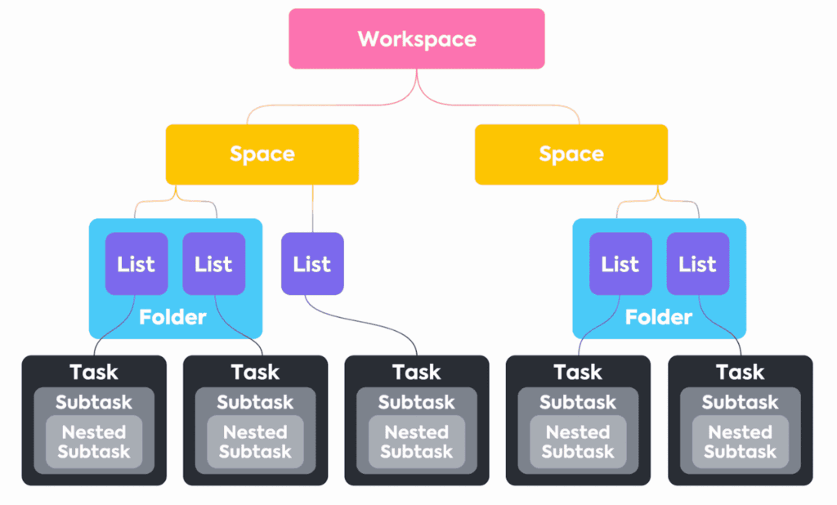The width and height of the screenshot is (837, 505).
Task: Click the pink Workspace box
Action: click(417, 38)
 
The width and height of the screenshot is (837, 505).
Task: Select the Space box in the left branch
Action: click(262, 154)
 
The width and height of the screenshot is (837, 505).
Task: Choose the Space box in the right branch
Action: click(571, 154)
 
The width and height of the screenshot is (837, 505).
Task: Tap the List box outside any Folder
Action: click(312, 263)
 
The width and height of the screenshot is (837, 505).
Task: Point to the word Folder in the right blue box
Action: click(659, 317)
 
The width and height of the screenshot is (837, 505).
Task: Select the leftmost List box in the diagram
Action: click(136, 263)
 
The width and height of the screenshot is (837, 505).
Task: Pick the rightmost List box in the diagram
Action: click(697, 263)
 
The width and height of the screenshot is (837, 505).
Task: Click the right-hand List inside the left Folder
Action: click(213, 263)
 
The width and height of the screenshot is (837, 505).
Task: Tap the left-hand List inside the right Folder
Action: click(620, 263)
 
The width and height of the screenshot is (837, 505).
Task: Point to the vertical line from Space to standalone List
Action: click(312, 208)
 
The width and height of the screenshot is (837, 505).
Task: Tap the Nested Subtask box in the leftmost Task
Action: click(94, 441)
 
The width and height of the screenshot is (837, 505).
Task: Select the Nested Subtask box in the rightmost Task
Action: click(740, 441)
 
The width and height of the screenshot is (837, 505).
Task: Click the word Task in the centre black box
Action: click(416, 373)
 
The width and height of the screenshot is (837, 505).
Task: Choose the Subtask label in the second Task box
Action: click(255, 402)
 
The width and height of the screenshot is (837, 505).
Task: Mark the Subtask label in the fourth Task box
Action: click(578, 402)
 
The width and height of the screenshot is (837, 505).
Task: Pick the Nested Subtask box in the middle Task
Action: click(416, 441)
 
